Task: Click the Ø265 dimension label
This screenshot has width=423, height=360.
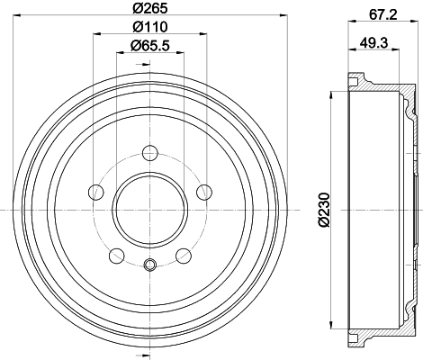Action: pyautogui.click(x=149, y=8)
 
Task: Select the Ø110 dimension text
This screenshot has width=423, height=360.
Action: pyautogui.click(x=149, y=27)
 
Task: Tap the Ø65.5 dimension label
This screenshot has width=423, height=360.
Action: pyautogui.click(x=150, y=46)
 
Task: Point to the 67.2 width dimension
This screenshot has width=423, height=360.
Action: pyautogui.click(x=382, y=14)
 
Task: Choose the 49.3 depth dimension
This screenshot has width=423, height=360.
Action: pyautogui.click(x=374, y=42)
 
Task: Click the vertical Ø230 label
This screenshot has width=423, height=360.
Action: pyautogui.click(x=324, y=210)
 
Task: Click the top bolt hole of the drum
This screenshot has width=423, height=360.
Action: pyautogui.click(x=150, y=153)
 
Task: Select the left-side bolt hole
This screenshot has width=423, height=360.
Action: pyautogui.click(x=96, y=193)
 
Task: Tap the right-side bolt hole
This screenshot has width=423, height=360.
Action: pyautogui.click(x=204, y=193)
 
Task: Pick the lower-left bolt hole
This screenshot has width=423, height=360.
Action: pyautogui.click(x=117, y=256)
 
